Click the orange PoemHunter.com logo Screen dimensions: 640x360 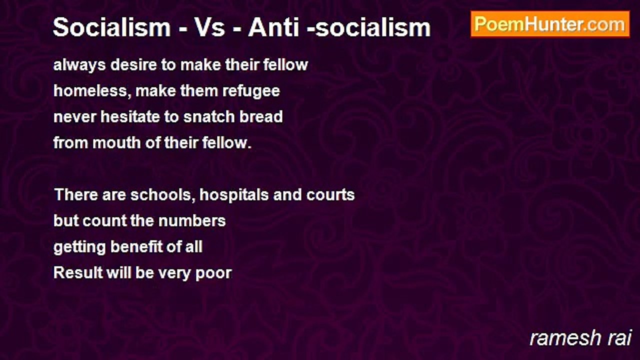[550, 24]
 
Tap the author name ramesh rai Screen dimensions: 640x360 [580, 338]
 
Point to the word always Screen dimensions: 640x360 [79, 65]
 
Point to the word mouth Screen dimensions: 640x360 [116, 142]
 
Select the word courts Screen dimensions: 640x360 [330, 195]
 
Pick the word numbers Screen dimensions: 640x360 [192, 220]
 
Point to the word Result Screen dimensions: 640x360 [78, 272]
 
